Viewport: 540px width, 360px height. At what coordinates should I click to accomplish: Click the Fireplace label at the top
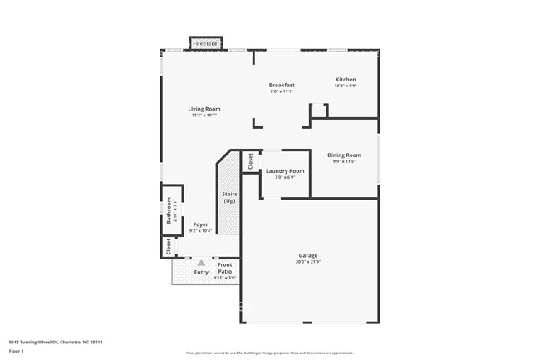coord(205,42)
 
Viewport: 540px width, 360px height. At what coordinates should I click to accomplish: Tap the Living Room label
coord(204,109)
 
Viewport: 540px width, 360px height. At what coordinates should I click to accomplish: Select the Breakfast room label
coord(282,85)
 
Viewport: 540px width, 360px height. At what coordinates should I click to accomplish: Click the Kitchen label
coord(345,80)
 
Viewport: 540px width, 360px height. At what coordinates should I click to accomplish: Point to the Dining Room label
coord(344,155)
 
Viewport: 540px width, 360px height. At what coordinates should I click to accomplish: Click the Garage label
coord(308,255)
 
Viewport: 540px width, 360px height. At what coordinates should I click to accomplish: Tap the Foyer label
coord(200,224)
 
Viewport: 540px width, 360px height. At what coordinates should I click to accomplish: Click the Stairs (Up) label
coord(228,198)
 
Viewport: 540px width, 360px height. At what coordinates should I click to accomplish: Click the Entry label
coord(201,272)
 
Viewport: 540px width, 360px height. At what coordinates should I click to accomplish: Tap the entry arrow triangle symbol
coord(200,263)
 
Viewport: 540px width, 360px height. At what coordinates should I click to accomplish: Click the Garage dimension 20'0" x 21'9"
coord(308,262)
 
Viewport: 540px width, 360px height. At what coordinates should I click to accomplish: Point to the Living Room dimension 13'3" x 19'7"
coord(204,116)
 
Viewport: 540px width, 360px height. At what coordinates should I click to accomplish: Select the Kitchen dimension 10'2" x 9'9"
coord(345,86)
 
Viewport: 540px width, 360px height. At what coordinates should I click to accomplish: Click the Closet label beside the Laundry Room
coord(250,161)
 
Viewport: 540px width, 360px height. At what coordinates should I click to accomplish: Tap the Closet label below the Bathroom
coord(169,246)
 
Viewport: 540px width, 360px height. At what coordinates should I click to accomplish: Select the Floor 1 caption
coord(16,351)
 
